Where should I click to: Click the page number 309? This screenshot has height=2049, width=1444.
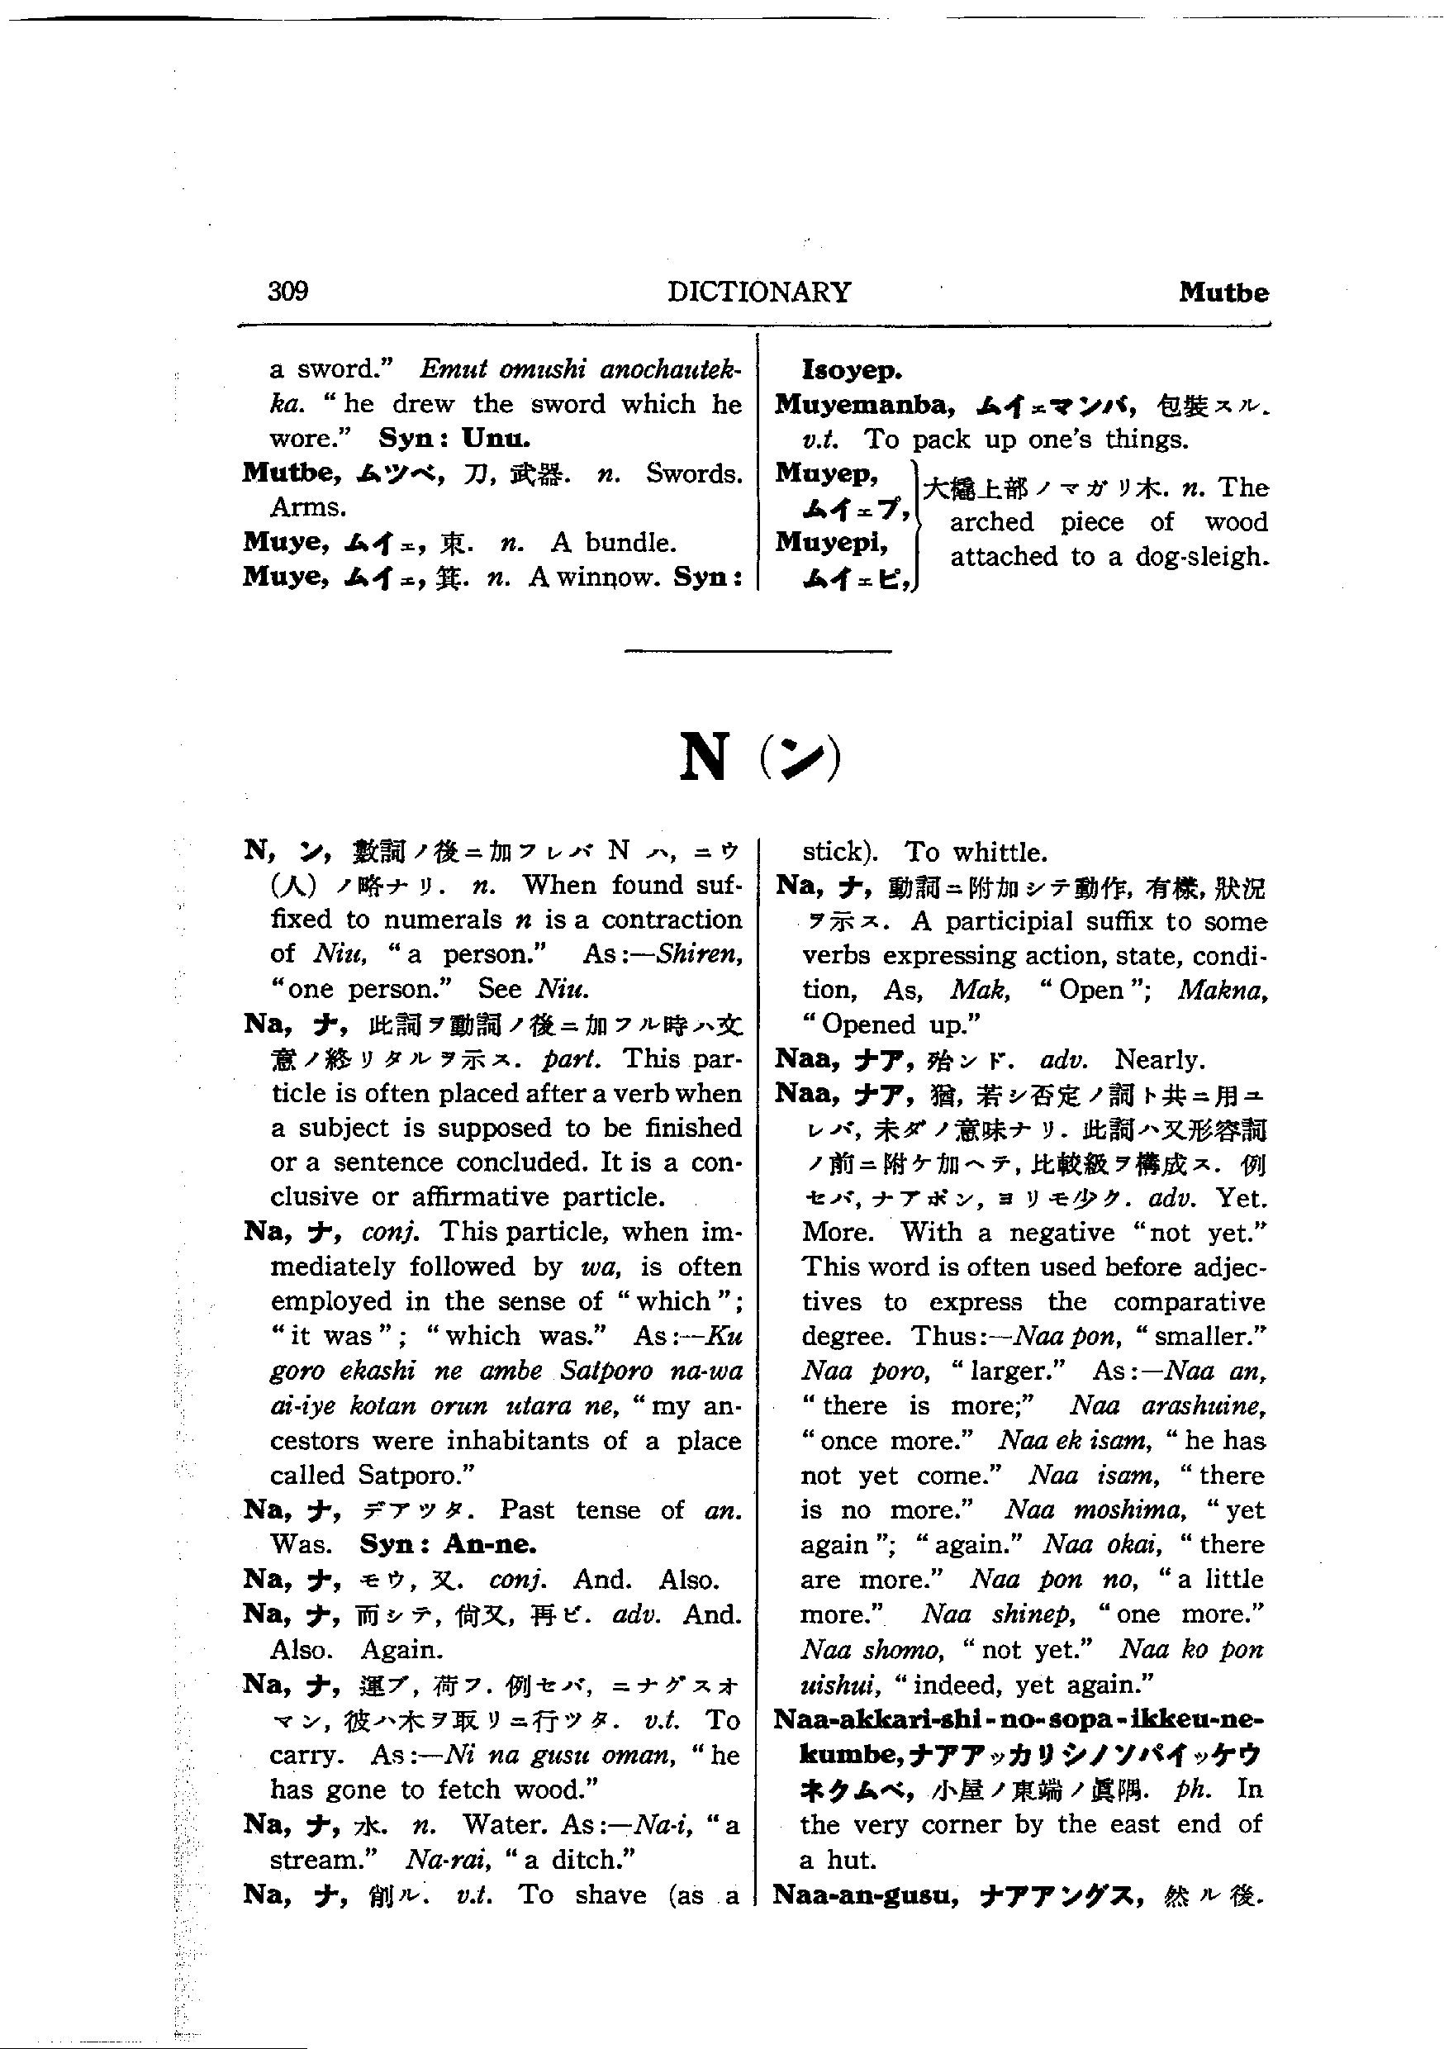click(x=287, y=291)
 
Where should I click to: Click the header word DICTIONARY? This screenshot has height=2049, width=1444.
click(x=758, y=292)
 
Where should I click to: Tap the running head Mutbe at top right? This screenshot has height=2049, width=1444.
click(x=1223, y=292)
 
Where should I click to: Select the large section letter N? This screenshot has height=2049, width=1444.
click(x=703, y=757)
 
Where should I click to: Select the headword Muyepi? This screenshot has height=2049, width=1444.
click(x=830, y=542)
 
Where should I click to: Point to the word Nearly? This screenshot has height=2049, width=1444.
click(x=1159, y=1059)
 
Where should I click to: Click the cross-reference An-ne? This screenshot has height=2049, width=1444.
click(x=490, y=1545)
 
